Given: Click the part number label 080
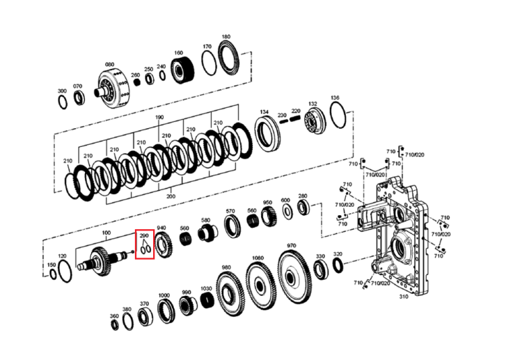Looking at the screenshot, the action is pos(109,65).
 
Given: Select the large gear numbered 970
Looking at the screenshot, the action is pos(294,277).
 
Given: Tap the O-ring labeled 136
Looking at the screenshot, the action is pos(338,115).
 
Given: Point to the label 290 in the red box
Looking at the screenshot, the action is pos(144,236).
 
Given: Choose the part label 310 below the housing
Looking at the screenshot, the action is pos(404,297).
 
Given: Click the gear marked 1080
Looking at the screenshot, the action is pos(261,285).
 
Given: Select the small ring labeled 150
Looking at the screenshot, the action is pos(54,274).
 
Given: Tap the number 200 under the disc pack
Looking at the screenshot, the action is pos(171,196).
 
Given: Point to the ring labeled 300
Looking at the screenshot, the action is pos(63,102).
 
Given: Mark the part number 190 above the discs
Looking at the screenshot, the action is pos(159,117).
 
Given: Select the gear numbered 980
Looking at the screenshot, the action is pos(230,293).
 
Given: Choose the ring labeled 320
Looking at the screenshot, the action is pos(338,265).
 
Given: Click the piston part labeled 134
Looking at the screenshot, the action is pos(267,133).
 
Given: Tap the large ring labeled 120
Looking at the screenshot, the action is pos(65,272).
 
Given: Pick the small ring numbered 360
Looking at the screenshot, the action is pos(115,324).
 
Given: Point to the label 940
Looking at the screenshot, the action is pos(161,228).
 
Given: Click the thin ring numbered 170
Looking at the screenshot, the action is pos(209,63).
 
